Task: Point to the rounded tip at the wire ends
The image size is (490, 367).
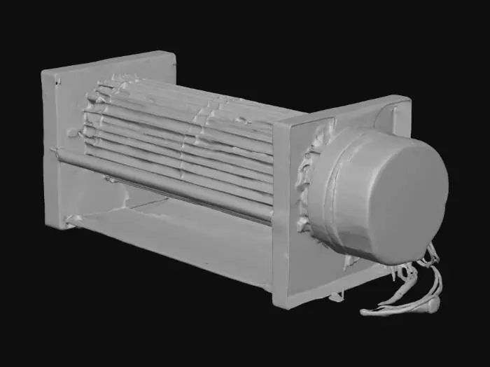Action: pos(433,304)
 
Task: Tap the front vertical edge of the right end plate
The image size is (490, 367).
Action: pos(276,210)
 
